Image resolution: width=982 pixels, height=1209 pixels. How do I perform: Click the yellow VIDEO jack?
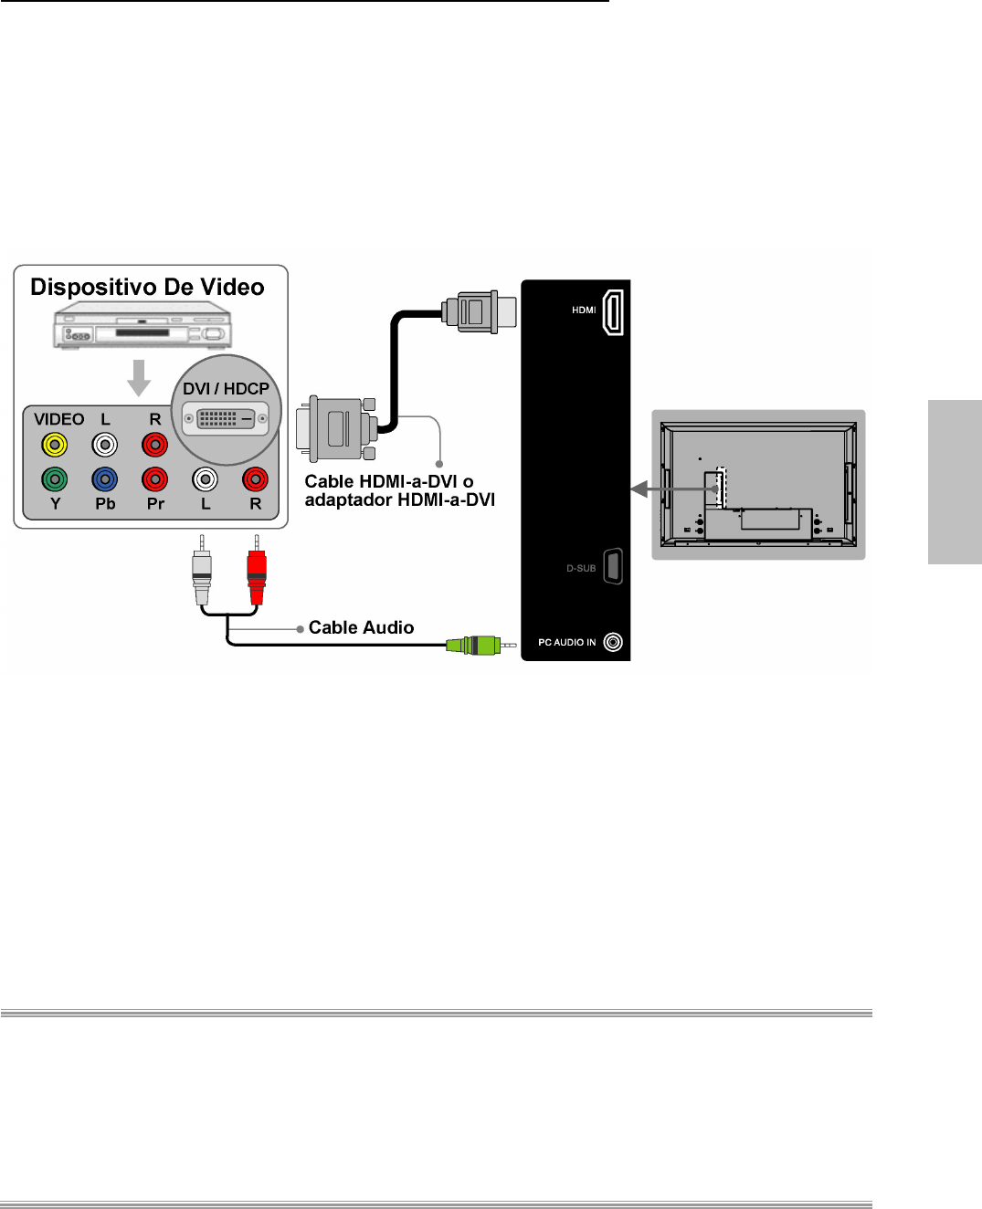point(55,445)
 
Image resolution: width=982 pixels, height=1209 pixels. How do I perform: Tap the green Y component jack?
point(55,478)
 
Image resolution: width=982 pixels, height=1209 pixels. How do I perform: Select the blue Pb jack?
point(105,478)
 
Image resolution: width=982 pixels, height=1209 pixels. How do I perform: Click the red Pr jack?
point(155,478)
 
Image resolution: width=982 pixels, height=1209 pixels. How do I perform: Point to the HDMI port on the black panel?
point(613,311)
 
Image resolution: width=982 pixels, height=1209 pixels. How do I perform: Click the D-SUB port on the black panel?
point(613,566)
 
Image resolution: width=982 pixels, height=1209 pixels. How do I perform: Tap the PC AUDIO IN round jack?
point(613,642)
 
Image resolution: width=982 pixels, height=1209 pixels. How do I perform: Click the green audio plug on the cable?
point(472,646)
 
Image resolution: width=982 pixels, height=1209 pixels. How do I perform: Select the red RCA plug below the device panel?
point(257,575)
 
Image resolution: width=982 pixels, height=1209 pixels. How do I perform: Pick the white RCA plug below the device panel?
point(202,575)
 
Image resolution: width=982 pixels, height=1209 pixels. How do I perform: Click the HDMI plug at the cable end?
point(479,310)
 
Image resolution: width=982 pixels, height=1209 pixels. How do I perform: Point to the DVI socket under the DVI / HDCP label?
point(226,419)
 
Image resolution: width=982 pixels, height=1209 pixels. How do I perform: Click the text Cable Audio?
point(361,627)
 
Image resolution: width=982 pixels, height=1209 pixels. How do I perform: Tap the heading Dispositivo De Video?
point(147,287)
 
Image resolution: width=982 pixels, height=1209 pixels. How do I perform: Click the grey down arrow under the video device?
point(139,377)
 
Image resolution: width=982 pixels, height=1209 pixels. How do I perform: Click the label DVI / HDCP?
point(226,388)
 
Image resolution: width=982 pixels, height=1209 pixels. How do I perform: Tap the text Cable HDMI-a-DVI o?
point(389,481)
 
